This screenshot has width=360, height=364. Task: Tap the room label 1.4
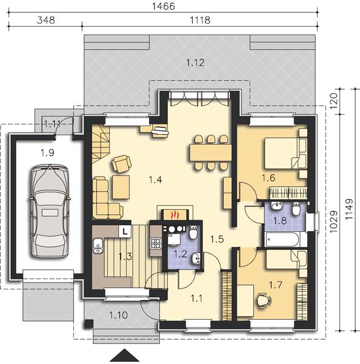coord(155,179)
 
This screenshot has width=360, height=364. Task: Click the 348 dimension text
coord(46,19)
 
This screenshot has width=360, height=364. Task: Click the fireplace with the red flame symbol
coord(175,214)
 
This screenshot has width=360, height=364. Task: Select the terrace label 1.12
coord(195,61)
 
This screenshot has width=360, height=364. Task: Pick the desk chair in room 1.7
coord(262,300)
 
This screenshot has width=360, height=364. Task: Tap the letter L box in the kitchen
coord(124,231)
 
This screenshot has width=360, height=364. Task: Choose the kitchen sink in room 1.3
coord(97,245)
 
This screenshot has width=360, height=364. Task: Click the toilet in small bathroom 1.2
coord(192,232)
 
